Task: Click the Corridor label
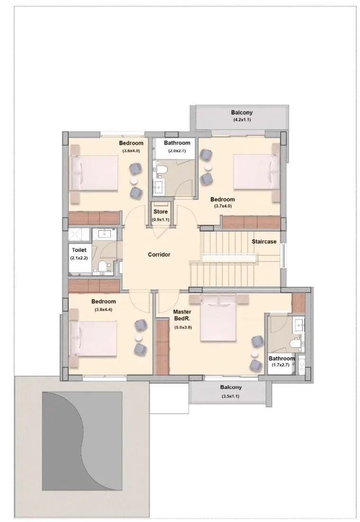coord(159,255)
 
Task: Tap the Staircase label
coord(264,242)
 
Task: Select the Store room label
coord(160,212)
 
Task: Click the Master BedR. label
coord(182,315)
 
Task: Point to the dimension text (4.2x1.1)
coord(242,121)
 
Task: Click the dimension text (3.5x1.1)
coord(231,396)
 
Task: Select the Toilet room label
coord(79,250)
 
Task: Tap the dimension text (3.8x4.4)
coord(103,309)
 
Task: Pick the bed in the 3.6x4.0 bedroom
coord(93,173)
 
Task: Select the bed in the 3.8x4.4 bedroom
coord(93,338)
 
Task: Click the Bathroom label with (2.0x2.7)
coord(177,143)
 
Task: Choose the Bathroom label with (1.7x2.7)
coord(281,358)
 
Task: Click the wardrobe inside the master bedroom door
coord(162,346)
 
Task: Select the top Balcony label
coord(242,113)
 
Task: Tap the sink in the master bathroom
coord(299,326)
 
